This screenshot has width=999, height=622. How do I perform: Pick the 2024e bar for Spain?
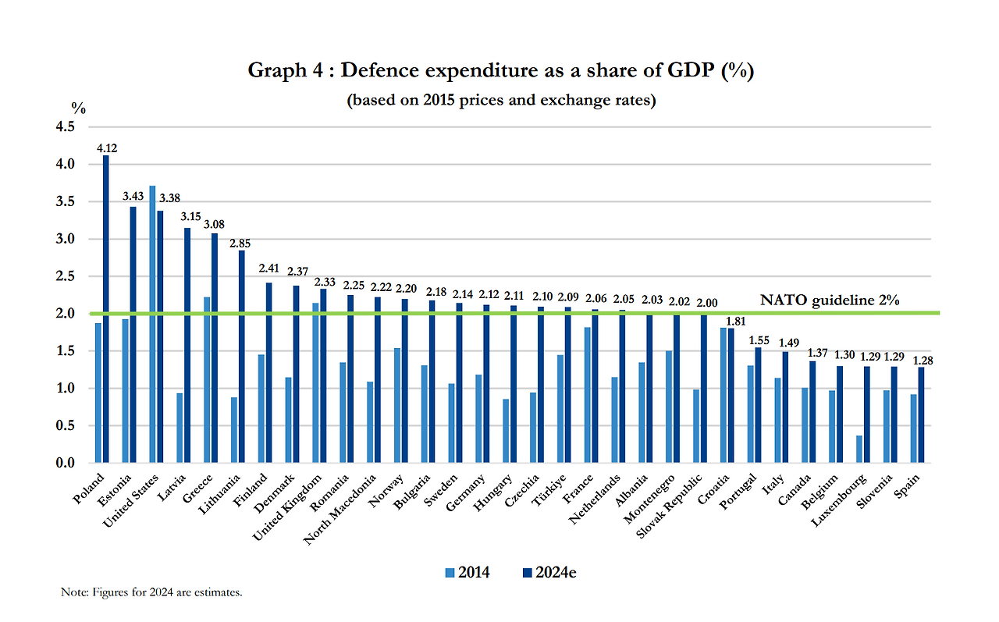tap(921, 414)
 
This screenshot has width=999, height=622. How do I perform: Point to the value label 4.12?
tap(107, 148)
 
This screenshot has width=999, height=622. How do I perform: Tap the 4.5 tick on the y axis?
tap(65, 126)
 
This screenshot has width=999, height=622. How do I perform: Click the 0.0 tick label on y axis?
tap(65, 463)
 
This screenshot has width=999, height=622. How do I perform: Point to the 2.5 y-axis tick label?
tap(65, 276)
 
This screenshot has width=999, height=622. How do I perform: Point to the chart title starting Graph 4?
tap(499, 70)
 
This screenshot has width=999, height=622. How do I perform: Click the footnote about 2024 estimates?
tap(151, 592)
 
